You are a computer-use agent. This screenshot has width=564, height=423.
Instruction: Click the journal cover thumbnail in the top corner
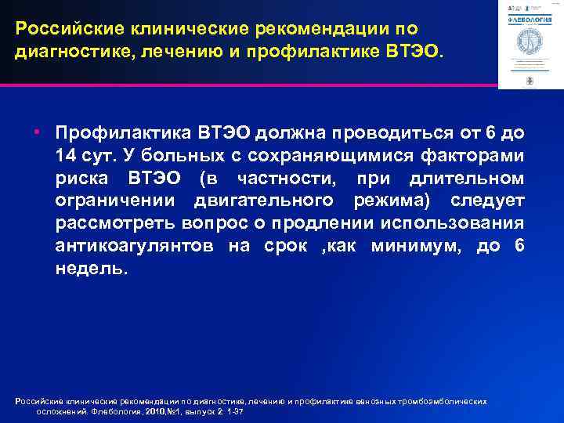[530, 44]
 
